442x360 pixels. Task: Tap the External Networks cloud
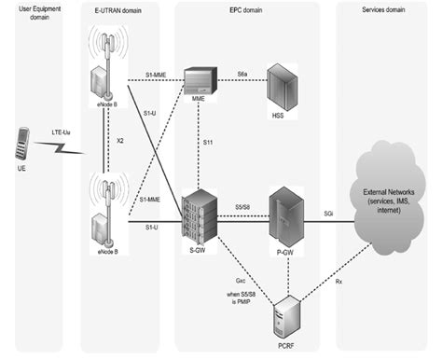388,199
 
